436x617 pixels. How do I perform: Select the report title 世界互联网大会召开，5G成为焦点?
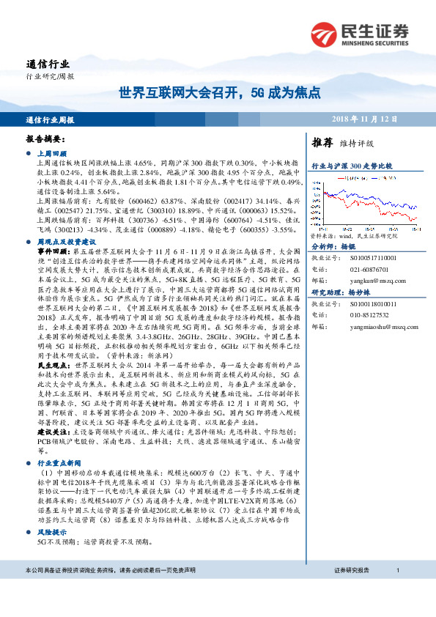tap(220, 93)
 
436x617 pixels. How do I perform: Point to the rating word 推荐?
tap(323, 142)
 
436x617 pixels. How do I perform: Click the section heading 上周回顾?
tap(51, 153)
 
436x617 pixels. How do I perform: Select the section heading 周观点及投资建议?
tap(66, 240)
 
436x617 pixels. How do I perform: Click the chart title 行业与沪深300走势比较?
tap(352, 166)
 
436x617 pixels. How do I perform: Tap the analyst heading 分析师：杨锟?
tap(333, 248)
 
